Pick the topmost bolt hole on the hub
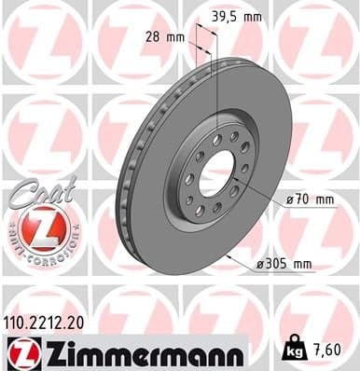[x=217, y=139]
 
